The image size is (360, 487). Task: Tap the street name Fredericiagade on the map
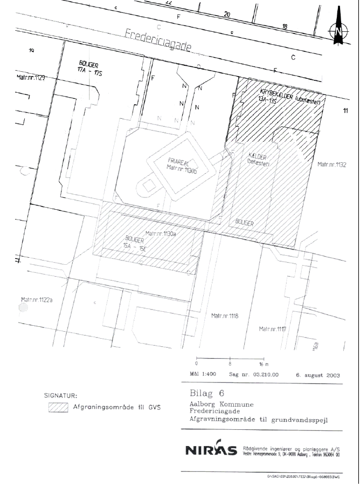point(158,41)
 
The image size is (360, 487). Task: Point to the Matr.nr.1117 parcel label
point(273,328)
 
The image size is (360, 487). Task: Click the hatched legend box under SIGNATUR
point(58,408)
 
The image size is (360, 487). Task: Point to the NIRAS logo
point(210,450)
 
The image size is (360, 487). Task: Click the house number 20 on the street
point(227,14)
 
